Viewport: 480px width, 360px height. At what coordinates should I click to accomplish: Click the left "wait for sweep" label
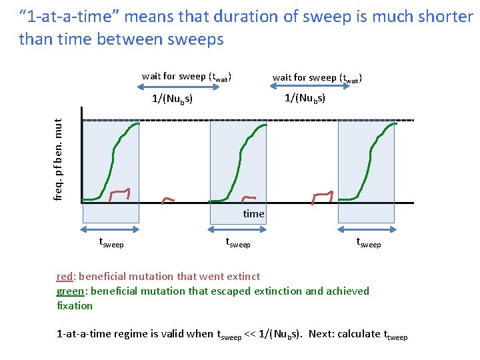click(186, 77)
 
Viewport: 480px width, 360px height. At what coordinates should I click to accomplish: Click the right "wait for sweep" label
click(317, 77)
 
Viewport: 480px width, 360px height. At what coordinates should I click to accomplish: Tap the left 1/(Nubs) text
click(172, 99)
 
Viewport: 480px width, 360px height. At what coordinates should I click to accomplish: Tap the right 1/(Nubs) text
click(305, 99)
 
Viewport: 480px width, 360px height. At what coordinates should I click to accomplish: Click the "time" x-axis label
click(253, 214)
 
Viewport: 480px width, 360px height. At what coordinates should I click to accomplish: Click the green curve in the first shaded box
click(113, 160)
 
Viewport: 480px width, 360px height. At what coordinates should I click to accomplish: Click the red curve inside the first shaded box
click(120, 193)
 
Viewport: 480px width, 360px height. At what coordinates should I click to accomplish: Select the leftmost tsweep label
click(111, 243)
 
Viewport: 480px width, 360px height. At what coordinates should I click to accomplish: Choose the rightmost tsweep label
click(368, 243)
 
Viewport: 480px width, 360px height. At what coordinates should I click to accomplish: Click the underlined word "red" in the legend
click(64, 276)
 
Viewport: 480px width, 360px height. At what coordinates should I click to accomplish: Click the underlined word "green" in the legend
click(71, 291)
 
